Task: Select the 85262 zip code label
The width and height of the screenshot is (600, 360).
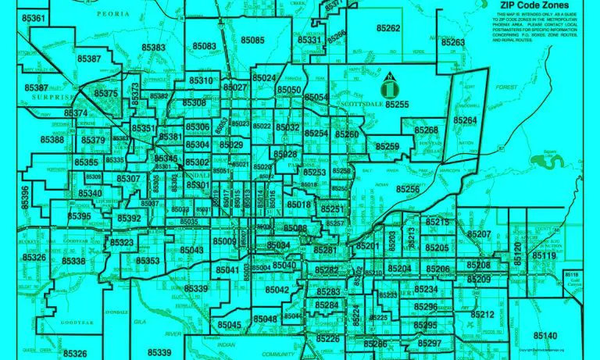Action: [387, 28]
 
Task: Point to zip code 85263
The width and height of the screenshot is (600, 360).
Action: [452, 42]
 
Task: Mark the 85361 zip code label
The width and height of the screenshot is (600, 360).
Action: [35, 17]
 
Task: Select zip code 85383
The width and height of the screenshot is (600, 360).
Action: [153, 48]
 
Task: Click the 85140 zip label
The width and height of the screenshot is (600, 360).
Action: [545, 336]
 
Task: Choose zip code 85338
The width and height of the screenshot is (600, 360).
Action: [73, 262]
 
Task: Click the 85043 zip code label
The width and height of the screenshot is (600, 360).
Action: [191, 250]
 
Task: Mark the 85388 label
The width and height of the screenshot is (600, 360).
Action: [52, 140]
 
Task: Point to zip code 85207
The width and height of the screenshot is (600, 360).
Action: [478, 234]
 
